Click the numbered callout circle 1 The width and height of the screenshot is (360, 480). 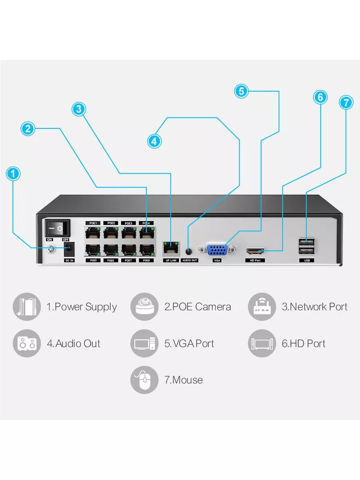click(13, 174)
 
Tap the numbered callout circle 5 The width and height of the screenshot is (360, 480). click(241, 91)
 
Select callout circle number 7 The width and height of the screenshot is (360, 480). click(346, 102)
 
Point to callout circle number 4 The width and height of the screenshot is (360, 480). click(154, 141)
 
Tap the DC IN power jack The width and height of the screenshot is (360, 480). click(69, 249)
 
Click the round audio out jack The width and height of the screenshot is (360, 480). click(190, 252)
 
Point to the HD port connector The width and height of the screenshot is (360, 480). click(255, 252)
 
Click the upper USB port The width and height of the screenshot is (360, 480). click(306, 242)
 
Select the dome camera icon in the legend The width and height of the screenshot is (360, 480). click(144, 307)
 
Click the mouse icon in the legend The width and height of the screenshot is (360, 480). click(144, 380)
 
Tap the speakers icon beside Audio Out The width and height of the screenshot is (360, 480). click(27, 343)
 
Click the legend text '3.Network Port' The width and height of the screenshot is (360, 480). click(314, 307)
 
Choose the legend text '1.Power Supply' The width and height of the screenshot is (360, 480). click(82, 307)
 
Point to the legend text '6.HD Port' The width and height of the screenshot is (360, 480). click(304, 343)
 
